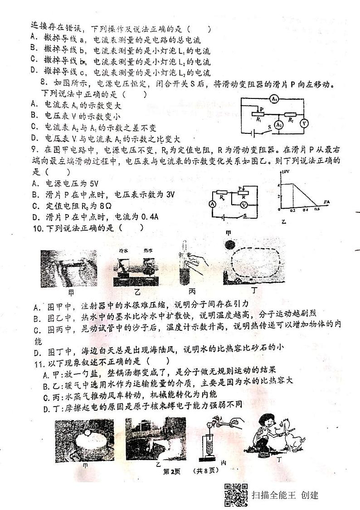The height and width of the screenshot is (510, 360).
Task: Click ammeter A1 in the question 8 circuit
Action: (x=273, y=99)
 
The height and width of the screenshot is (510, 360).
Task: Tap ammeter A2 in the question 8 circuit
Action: (x=280, y=125)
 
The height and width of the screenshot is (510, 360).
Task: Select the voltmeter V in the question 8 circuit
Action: (x=305, y=123)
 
